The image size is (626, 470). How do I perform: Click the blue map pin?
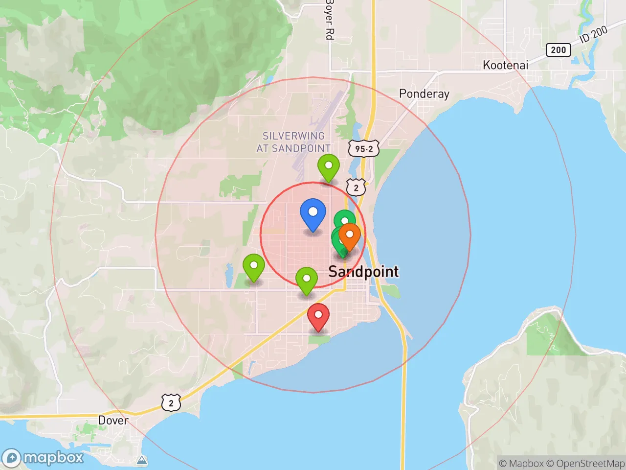point(313,214)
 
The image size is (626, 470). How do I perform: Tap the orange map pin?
point(350,235)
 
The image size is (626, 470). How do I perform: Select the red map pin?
point(318,316)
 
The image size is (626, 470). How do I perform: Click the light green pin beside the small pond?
point(254,267)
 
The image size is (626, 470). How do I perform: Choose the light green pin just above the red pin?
point(307,280)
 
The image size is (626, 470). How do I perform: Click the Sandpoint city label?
point(363,271)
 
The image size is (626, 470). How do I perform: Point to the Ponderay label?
point(424,94)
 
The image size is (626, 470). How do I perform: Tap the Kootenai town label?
point(505,65)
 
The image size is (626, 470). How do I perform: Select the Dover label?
point(113,420)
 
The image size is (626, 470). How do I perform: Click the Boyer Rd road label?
point(330,20)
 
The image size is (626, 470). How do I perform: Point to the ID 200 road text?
point(593,35)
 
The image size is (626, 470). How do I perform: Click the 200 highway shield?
point(558,49)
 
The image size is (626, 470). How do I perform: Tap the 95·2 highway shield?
point(364,148)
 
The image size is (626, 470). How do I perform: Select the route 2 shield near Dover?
point(171,403)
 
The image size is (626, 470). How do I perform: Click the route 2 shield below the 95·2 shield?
point(356,188)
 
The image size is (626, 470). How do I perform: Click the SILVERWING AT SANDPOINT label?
point(293,142)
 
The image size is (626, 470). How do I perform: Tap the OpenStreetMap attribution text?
point(585,463)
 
